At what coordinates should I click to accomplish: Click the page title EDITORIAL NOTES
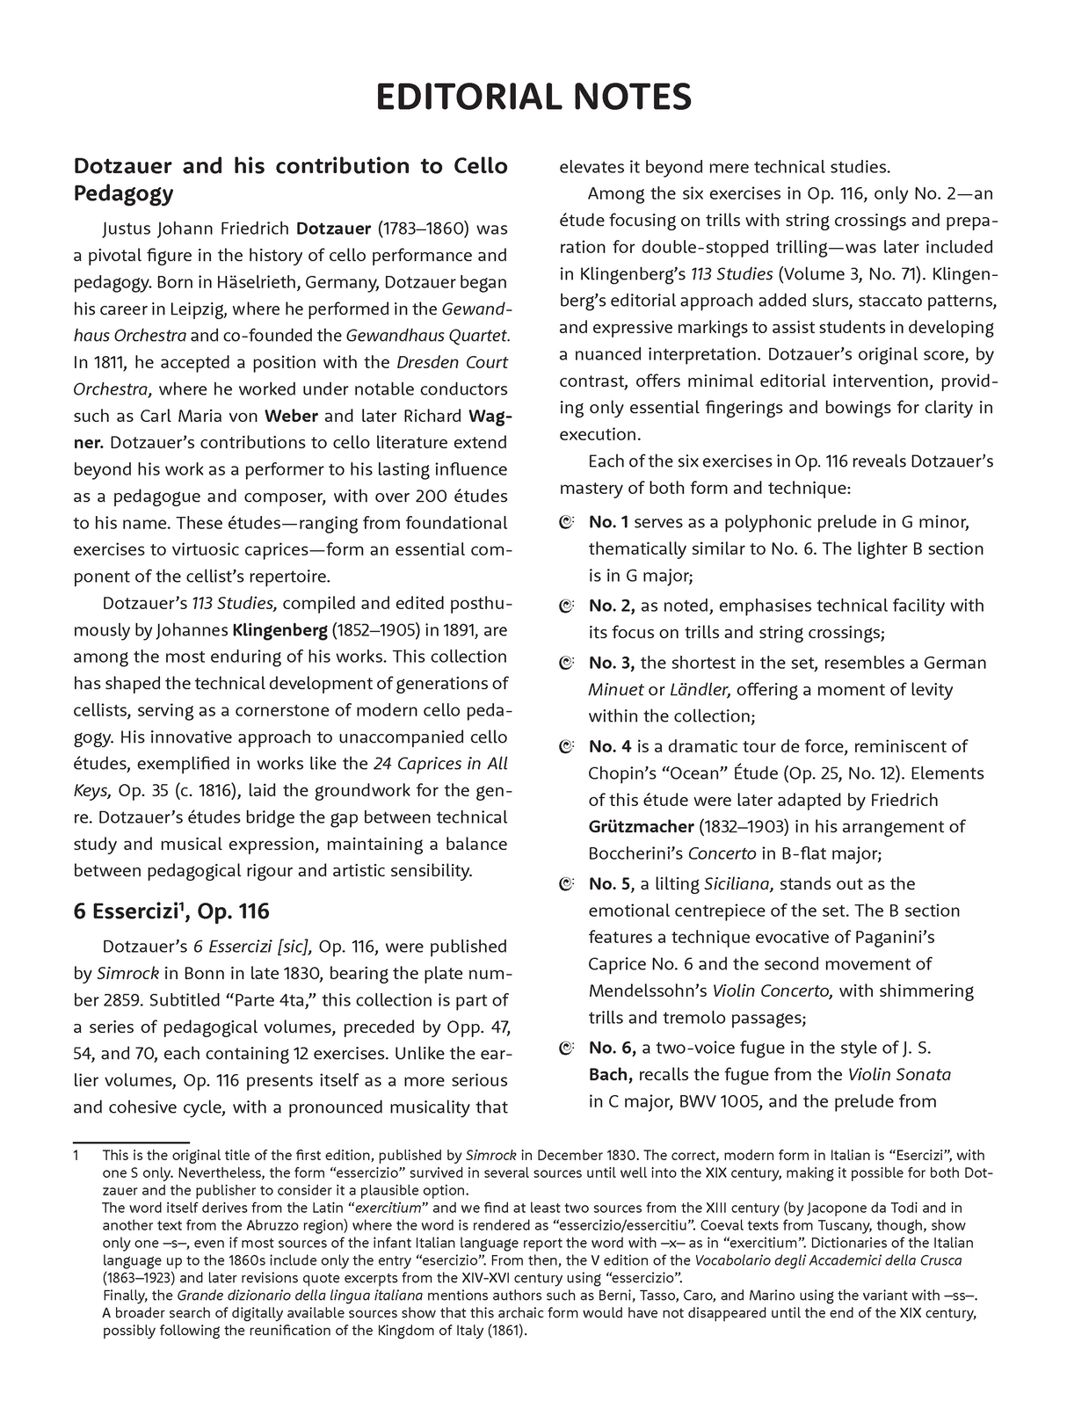533,97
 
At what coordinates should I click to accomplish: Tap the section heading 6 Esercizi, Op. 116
171,911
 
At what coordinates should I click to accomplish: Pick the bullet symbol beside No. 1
567,523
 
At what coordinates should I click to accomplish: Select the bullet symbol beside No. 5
567,884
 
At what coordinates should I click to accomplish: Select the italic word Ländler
702,690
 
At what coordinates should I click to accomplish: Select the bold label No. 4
610,747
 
